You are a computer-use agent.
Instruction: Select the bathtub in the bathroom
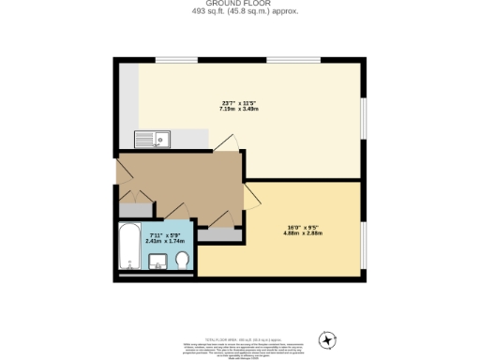pyautogui.click(x=128, y=247)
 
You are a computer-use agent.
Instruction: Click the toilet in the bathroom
pyautogui.click(x=182, y=259)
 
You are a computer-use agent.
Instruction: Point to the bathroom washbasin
pyautogui.click(x=157, y=260)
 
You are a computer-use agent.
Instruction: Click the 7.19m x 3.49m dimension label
pyautogui.click(x=240, y=109)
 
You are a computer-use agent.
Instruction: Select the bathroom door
pyautogui.click(x=172, y=211)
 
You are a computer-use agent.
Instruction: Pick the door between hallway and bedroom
pyautogui.click(x=249, y=194)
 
